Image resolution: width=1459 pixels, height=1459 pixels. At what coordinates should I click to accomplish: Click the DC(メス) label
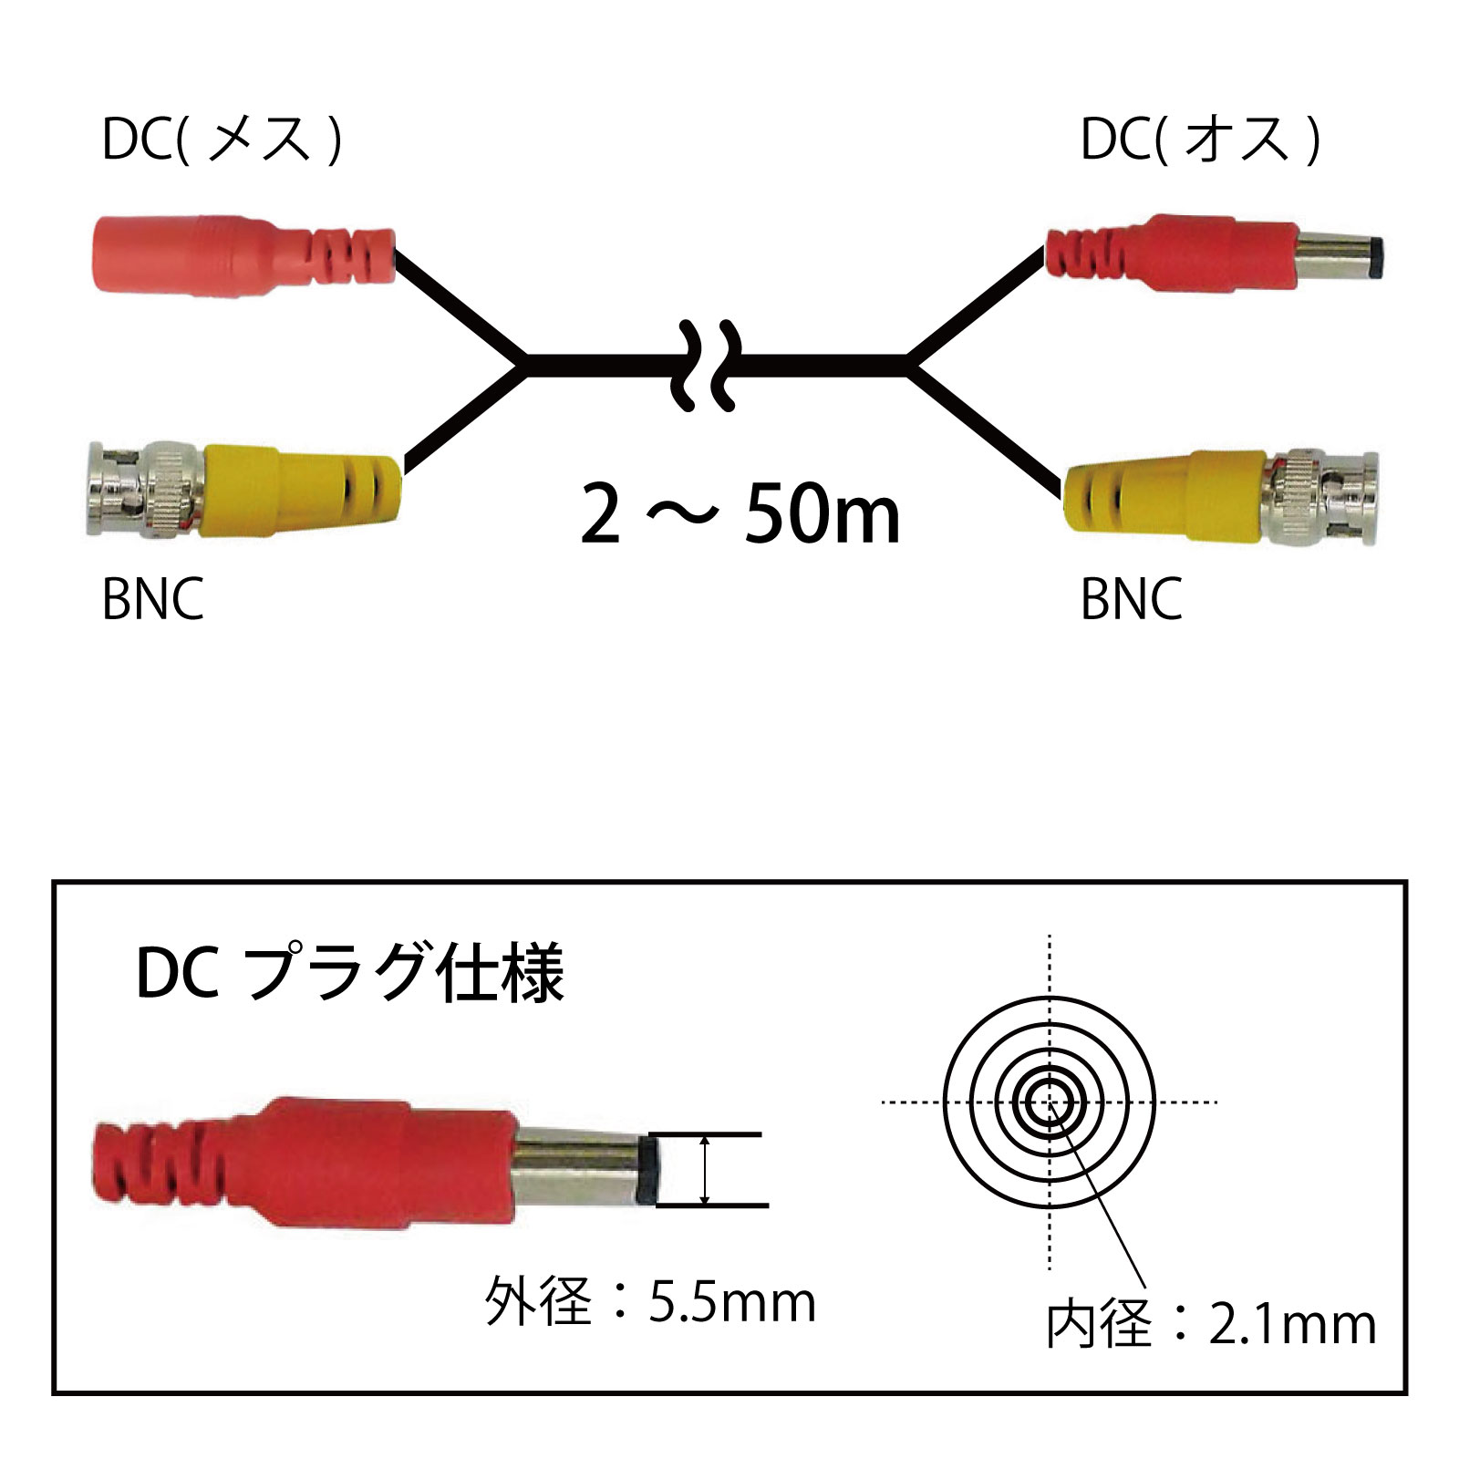tap(222, 140)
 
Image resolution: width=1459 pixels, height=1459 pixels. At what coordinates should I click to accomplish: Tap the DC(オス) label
tap(1200, 140)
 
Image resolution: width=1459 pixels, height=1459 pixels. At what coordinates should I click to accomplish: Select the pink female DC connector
tap(243, 254)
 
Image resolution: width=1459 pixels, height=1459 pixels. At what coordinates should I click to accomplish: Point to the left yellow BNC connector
tap(244, 490)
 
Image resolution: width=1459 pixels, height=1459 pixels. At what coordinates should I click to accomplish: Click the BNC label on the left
tap(152, 599)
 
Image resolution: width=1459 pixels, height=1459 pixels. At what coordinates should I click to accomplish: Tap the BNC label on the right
tap(1131, 599)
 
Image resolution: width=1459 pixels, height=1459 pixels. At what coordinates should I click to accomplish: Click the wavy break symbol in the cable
tap(708, 366)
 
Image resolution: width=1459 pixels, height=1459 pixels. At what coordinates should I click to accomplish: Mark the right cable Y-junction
tap(910, 366)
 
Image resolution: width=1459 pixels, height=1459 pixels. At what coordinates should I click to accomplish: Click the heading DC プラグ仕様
tap(350, 973)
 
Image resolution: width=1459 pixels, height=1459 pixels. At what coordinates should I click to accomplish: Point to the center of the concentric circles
tap(1050, 1102)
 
